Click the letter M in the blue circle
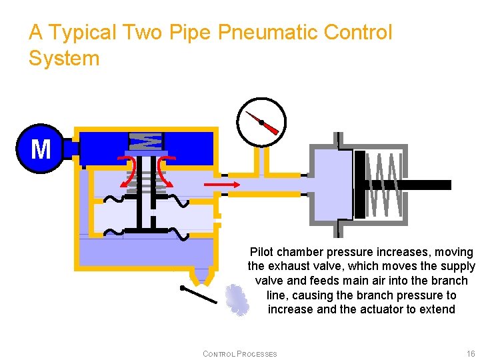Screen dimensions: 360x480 pyautogui.click(x=41, y=149)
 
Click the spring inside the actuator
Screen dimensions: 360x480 pyautogui.click(x=387, y=185)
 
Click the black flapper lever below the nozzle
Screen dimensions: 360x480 pyautogui.click(x=199, y=294)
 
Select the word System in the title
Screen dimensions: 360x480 pyautogui.click(x=64, y=58)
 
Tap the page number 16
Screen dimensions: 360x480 pyautogui.click(x=471, y=353)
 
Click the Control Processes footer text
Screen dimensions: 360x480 pyautogui.click(x=240, y=353)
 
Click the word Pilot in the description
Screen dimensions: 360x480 pyautogui.click(x=261, y=252)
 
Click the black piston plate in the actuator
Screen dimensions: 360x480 pyautogui.click(x=361, y=185)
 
